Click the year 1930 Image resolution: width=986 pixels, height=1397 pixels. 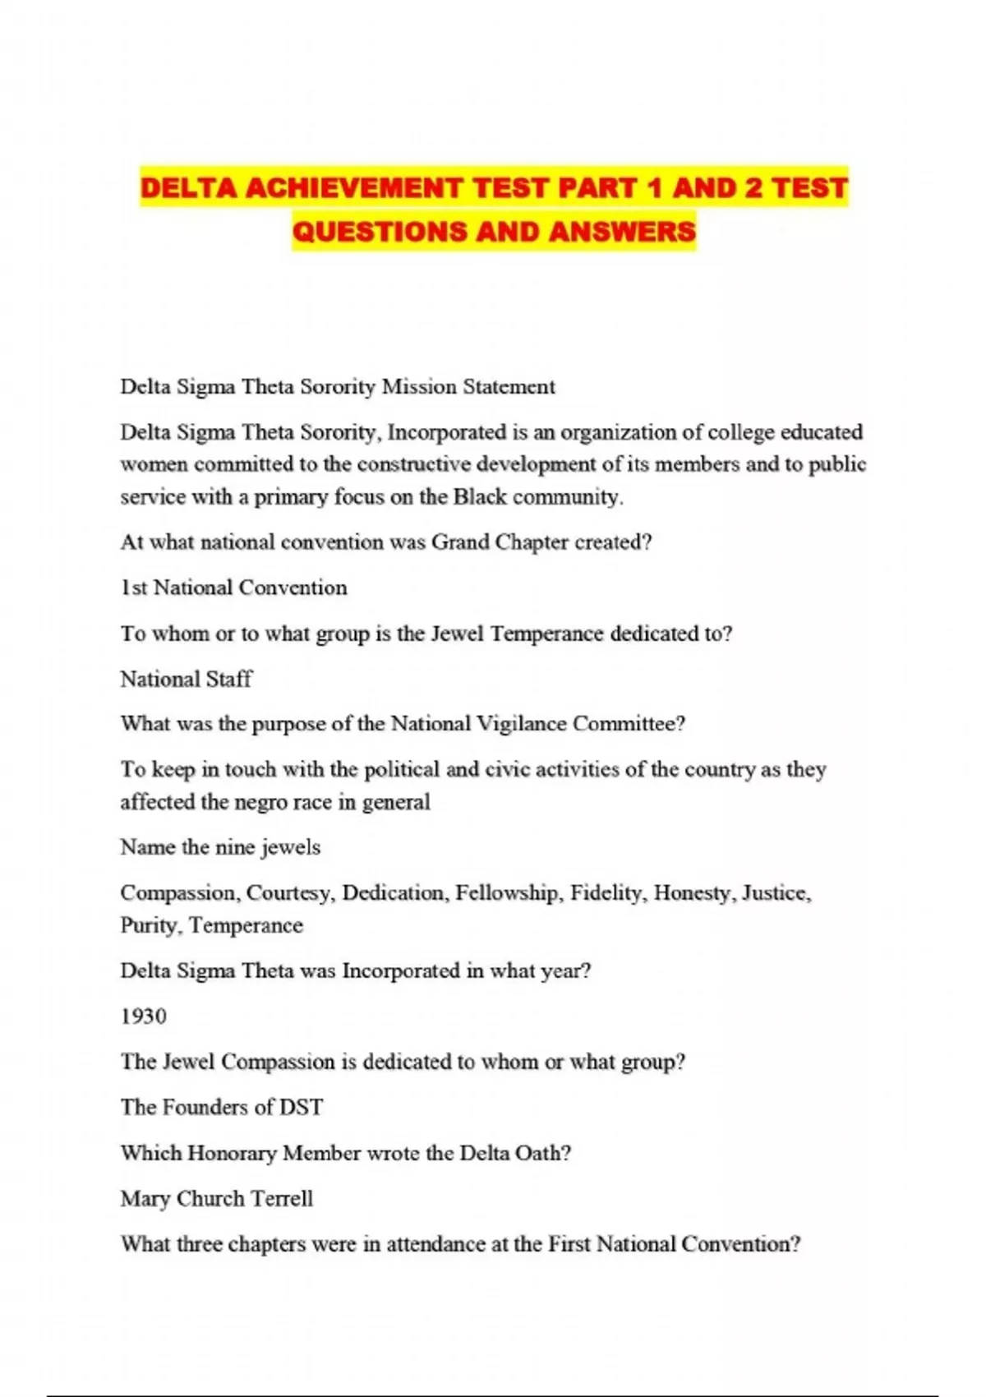click(x=144, y=1017)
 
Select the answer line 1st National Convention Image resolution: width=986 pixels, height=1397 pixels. click(x=234, y=588)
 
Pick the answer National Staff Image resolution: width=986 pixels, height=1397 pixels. click(x=187, y=679)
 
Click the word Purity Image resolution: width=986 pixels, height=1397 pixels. click(x=149, y=926)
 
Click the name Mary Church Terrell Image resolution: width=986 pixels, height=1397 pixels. click(x=217, y=1199)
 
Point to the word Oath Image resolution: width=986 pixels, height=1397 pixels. click(x=541, y=1153)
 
